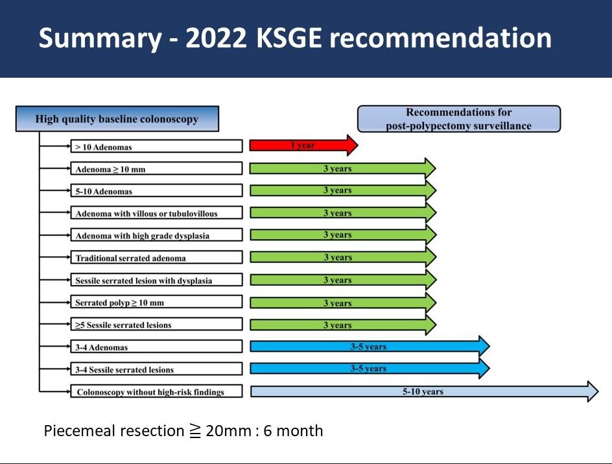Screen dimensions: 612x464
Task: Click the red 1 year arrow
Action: tap(303, 145)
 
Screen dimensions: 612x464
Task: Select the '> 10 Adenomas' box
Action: tap(156, 146)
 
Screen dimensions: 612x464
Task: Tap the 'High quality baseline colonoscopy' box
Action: tap(117, 119)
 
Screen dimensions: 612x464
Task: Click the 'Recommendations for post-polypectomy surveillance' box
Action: tap(459, 119)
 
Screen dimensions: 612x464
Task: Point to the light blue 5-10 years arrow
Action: tap(424, 391)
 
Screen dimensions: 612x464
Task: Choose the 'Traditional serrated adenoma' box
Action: tap(156, 257)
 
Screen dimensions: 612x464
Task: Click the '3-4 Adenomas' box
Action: tap(156, 347)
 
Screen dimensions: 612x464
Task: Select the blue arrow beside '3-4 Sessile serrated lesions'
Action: tap(370, 368)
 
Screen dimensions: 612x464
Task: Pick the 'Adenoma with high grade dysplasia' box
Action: tap(156, 235)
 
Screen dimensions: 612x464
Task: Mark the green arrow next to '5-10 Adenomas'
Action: tap(343, 191)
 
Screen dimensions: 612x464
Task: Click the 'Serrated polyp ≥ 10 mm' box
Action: tap(156, 302)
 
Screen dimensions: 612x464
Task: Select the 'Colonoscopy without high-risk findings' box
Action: tap(156, 391)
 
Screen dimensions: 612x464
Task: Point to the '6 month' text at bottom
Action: tap(293, 431)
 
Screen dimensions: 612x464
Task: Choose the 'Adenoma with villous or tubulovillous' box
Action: tap(156, 213)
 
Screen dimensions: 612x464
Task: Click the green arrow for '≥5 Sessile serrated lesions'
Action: tap(343, 325)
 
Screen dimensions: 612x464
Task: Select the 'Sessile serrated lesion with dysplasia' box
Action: tap(156, 280)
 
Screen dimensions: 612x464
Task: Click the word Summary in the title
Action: tap(100, 39)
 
